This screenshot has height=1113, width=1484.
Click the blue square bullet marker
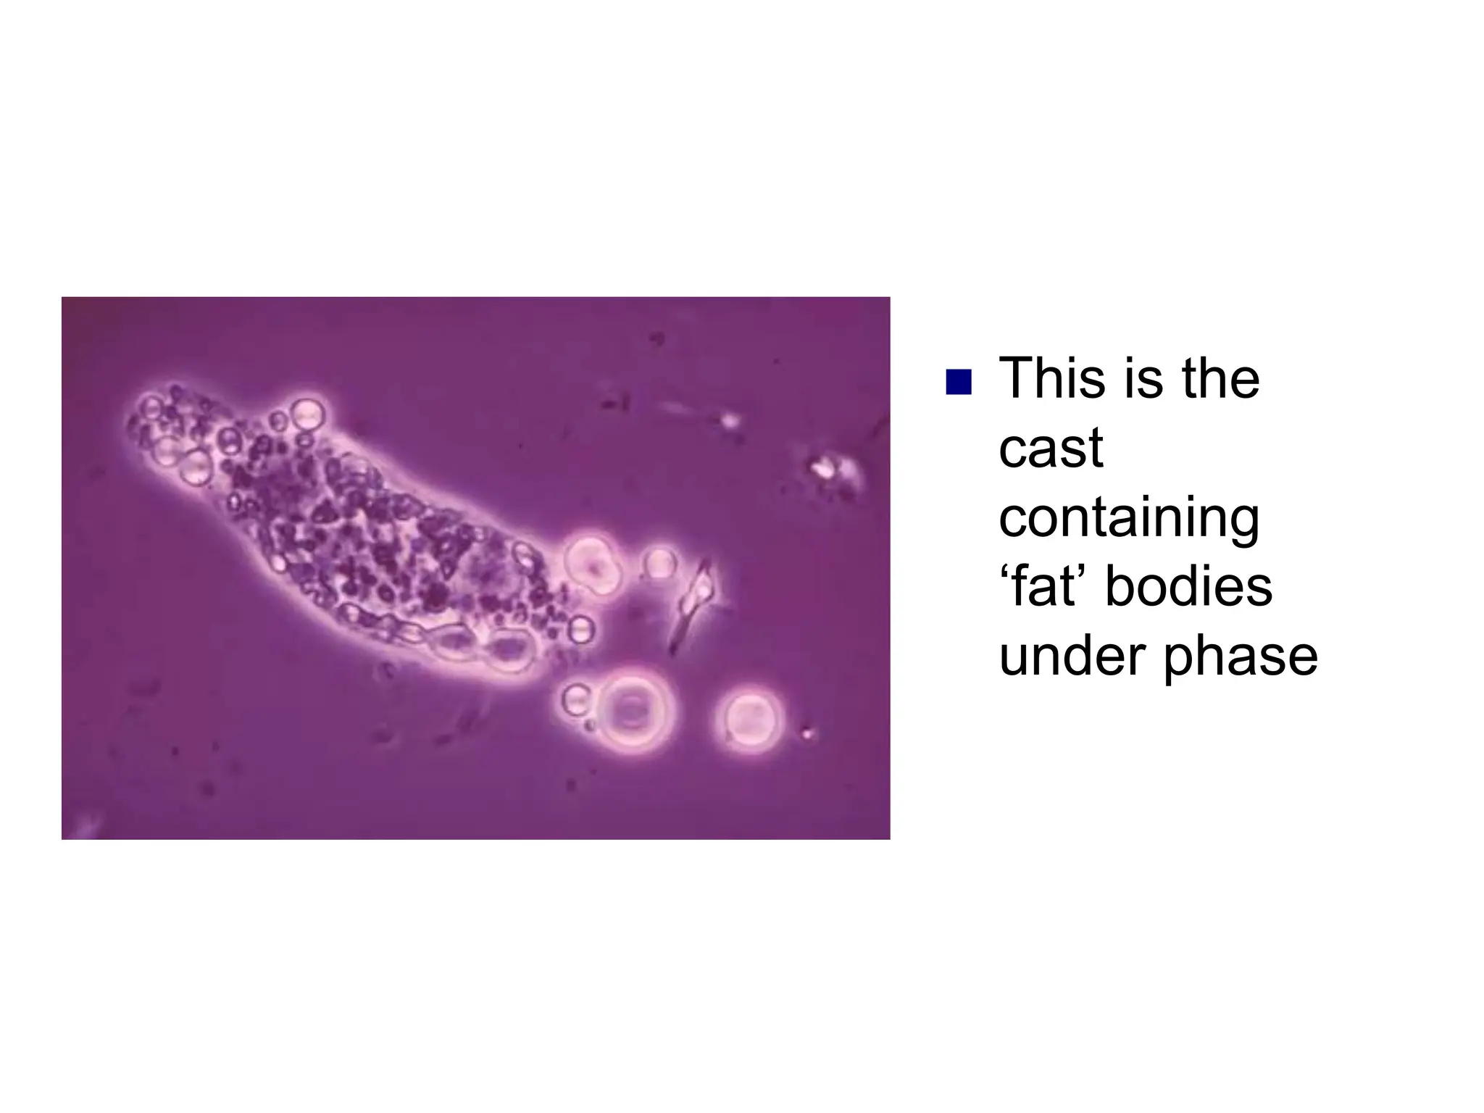coord(958,382)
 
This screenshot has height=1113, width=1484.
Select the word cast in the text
coord(1051,448)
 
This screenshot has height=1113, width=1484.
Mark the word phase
coord(1241,656)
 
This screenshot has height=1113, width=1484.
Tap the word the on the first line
coord(1221,378)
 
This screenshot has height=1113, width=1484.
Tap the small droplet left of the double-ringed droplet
coord(576,700)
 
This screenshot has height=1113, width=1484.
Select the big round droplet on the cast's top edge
coord(307,415)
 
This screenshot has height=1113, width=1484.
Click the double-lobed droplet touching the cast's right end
coord(593,564)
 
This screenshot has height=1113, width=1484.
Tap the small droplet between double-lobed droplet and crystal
coord(660,563)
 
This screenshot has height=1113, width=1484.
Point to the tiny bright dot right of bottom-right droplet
coord(808,734)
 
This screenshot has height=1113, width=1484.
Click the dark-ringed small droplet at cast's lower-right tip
coord(580,630)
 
